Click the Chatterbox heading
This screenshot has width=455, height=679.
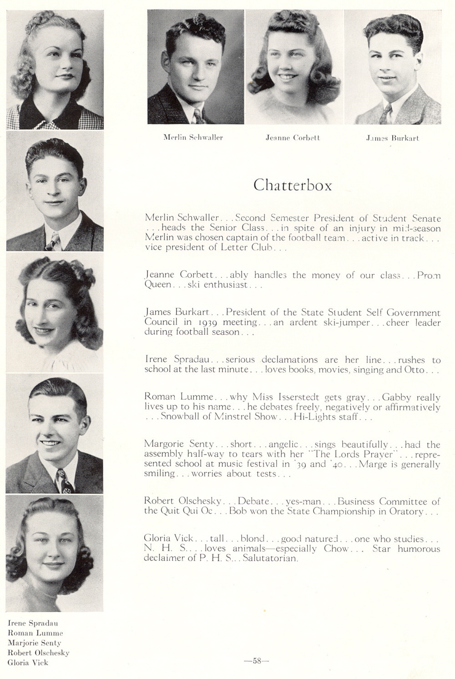coord(293,185)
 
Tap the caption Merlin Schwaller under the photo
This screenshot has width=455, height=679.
coord(193,137)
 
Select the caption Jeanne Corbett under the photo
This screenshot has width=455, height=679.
coord(293,137)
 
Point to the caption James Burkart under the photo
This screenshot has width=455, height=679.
coord(392,138)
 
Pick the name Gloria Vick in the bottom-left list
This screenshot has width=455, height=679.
coord(28,663)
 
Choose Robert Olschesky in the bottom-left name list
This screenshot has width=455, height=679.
coord(39,653)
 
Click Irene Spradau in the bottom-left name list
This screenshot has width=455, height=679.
coord(33,623)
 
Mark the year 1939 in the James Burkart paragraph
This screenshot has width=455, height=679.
coord(206,322)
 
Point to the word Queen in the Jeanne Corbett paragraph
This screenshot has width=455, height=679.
coord(157,285)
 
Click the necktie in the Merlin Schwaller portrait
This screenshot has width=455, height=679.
coord(198,116)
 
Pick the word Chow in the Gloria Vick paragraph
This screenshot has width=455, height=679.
coord(336,549)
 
